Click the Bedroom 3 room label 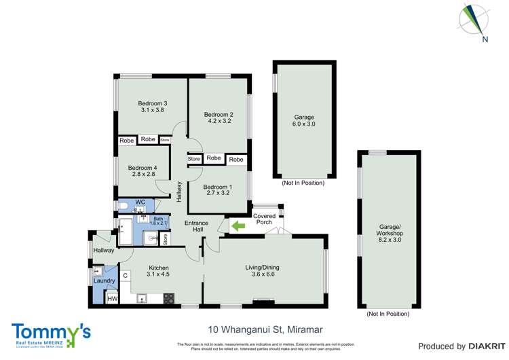pos(154,103)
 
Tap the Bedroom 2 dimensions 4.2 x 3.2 pos(219,123)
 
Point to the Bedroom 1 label pos(218,187)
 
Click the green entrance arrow pos(238,226)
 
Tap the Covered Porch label pos(265,219)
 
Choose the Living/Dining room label pos(262,267)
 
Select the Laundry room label pos(104,281)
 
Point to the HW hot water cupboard pos(113,299)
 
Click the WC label pos(140,202)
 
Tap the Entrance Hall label pos(197,226)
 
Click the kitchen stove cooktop pos(168,297)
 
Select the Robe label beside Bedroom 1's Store pos(214,158)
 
